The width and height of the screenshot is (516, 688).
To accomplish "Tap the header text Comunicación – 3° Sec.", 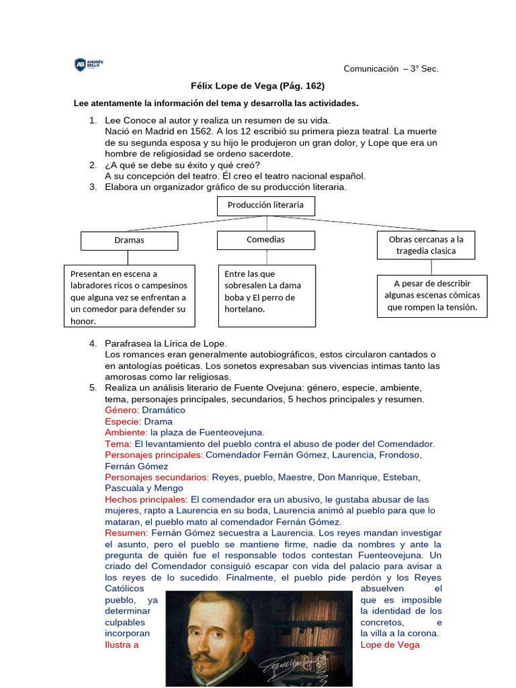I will pyautogui.click(x=390, y=69).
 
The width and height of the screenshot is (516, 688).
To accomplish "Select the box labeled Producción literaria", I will pyautogui.click(x=265, y=206).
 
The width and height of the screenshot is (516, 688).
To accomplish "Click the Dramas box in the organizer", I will pyautogui.click(x=129, y=241).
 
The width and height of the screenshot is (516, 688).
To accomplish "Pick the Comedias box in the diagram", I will pyautogui.click(x=265, y=240).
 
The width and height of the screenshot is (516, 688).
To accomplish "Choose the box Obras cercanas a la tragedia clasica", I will pyautogui.click(x=426, y=245).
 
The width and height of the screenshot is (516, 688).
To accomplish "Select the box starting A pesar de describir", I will pyautogui.click(x=431, y=296).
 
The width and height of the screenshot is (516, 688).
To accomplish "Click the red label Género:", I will pyautogui.click(x=122, y=410).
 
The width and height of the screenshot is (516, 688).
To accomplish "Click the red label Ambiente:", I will pyautogui.click(x=126, y=433).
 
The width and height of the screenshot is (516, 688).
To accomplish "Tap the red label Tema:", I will pyautogui.click(x=118, y=444).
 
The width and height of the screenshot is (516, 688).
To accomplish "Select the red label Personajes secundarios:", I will pyautogui.click(x=157, y=478).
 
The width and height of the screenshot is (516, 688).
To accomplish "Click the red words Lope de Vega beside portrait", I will pyautogui.click(x=390, y=645).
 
